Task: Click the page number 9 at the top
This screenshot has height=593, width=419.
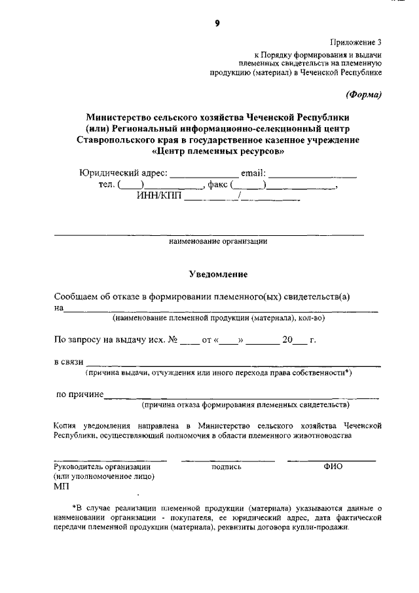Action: pos(217,23)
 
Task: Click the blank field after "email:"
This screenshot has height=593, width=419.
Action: pos(312,174)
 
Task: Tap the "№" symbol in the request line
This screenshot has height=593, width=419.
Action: pos(173,340)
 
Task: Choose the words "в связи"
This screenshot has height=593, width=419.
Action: pos(68,363)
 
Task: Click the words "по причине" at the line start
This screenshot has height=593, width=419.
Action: pos(80,395)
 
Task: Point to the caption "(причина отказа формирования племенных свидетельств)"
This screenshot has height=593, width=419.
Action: pos(246,405)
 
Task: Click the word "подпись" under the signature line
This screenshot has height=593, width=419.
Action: pos(227,467)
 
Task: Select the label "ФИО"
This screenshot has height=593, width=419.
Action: pos(333,467)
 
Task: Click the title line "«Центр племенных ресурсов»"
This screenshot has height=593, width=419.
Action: pos(217,151)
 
